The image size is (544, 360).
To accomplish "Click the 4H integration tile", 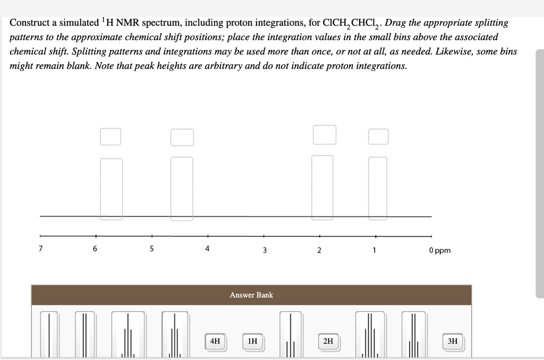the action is (215, 341).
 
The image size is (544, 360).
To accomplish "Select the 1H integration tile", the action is (252, 341).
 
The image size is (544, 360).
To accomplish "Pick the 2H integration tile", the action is (328, 341).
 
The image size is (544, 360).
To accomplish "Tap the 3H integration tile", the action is (452, 341).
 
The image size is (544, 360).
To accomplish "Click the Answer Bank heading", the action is (251, 295).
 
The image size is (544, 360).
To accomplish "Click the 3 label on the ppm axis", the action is (264, 250).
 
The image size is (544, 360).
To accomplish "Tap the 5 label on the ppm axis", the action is (151, 248).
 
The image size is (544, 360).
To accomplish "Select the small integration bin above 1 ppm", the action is (378, 136).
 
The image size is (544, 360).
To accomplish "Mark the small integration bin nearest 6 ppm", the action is (110, 136).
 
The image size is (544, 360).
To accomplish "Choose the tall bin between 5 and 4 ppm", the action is (182, 188).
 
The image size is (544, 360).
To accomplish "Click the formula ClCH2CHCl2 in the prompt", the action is (351, 24).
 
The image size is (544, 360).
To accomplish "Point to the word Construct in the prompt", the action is (32, 23).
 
